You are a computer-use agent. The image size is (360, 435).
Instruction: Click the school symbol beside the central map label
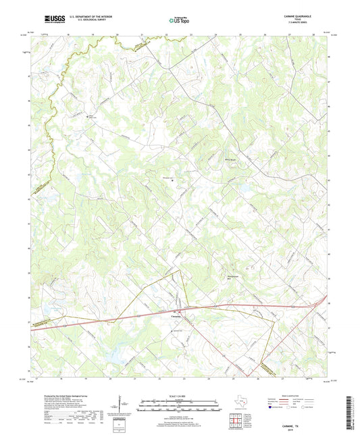click(172, 181)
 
